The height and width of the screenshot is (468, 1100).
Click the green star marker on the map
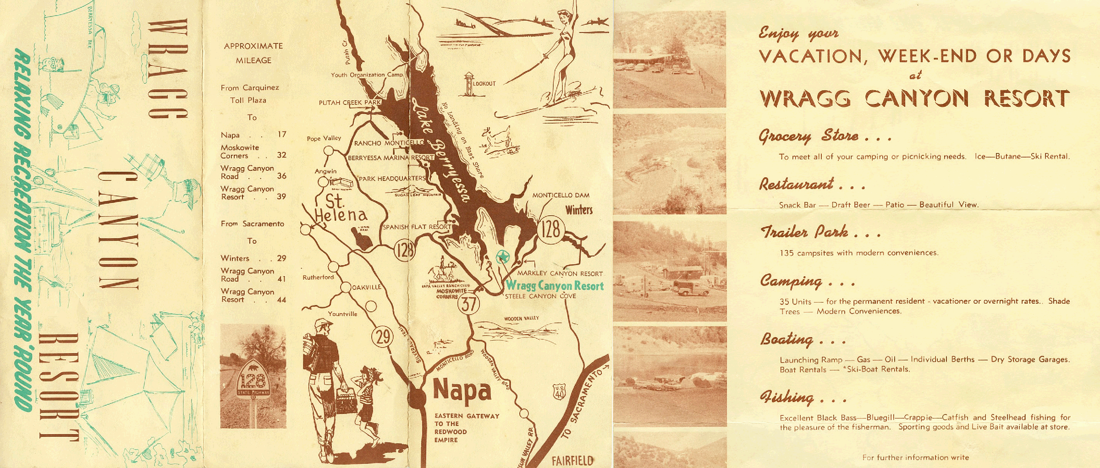click(503, 256)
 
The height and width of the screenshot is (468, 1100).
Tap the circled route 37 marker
click(468, 304)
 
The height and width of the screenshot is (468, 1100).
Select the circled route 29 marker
click(382, 337)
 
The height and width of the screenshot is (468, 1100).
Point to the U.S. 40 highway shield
click(559, 392)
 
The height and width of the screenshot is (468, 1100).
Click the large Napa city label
click(462, 391)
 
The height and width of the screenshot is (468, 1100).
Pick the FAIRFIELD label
click(572, 460)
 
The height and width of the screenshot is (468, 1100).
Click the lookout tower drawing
click(468, 84)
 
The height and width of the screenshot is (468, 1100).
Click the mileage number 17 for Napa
click(281, 135)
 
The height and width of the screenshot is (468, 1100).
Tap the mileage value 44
click(281, 300)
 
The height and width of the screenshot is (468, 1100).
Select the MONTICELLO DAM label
click(561, 195)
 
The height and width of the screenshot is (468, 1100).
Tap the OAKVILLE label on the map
click(367, 287)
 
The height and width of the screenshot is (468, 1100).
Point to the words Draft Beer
click(850, 205)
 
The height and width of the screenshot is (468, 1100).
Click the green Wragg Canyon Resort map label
click(555, 286)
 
